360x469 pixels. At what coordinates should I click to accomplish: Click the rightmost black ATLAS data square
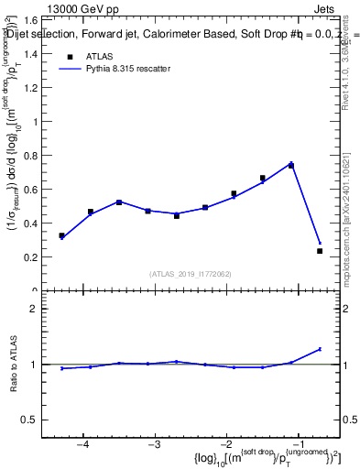point(320,251)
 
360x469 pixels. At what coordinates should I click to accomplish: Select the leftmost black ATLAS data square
point(61,235)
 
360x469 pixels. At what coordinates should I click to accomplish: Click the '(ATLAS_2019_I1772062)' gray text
point(191,273)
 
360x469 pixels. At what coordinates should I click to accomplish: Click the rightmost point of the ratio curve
point(320,349)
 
